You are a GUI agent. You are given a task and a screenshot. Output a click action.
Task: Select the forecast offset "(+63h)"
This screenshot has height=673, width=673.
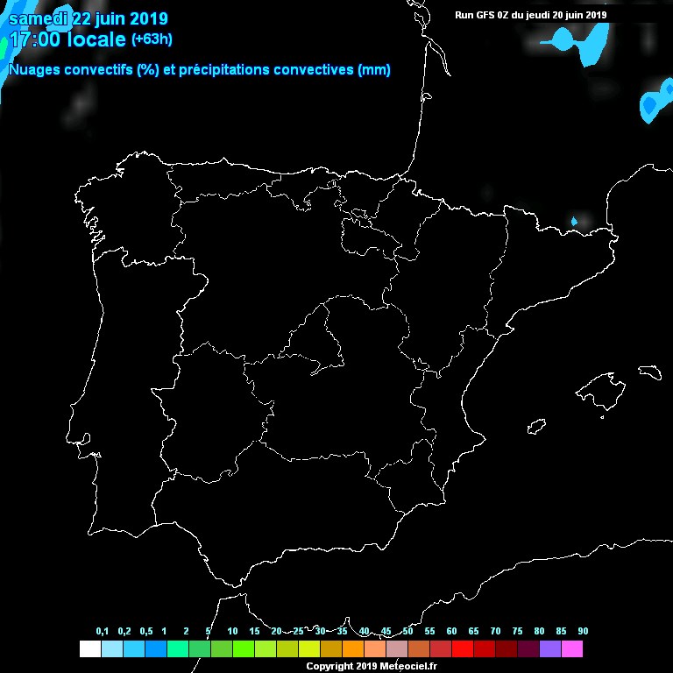152,39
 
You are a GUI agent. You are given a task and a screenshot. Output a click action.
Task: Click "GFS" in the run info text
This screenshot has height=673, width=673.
481,15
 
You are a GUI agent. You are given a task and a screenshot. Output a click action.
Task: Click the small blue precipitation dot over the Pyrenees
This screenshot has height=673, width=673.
575,222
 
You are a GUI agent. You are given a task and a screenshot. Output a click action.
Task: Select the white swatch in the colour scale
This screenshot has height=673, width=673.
89,648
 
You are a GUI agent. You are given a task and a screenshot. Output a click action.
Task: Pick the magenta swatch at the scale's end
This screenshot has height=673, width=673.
571,648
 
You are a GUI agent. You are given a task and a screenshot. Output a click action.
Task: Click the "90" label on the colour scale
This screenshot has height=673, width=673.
583,631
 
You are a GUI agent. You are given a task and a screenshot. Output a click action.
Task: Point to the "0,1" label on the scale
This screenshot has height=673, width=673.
103,631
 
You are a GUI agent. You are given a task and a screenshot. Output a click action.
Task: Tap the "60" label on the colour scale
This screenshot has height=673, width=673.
451,631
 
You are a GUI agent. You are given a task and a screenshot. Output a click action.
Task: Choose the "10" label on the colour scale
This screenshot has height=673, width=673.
232,631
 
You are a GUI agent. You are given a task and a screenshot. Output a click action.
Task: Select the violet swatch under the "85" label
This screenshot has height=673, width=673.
549,648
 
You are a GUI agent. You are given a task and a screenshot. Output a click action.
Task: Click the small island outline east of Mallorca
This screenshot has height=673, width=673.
649,372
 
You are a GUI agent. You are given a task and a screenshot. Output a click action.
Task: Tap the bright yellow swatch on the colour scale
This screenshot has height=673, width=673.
308,648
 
